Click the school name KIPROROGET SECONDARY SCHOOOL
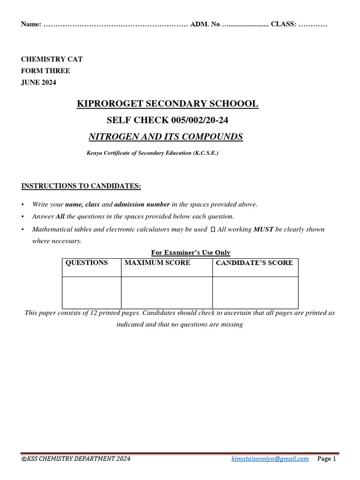pyautogui.click(x=167, y=104)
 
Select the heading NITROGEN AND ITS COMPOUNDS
pyautogui.click(x=166, y=137)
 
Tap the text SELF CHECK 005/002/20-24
pyautogui.click(x=167, y=120)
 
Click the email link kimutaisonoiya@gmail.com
pyautogui.click(x=270, y=459)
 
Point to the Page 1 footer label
pyautogui.click(x=327, y=459)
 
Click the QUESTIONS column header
pyautogui.click(x=87, y=263)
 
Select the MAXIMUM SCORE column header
pyautogui.click(x=157, y=263)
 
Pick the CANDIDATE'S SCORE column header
pyautogui.click(x=254, y=263)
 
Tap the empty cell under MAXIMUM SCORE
pyautogui.click(x=166, y=292)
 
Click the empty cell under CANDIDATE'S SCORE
pyautogui.click(x=255, y=292)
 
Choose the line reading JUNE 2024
pyautogui.click(x=38, y=82)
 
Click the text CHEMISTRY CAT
pyautogui.click(x=52, y=59)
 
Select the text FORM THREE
pyautogui.click(x=45, y=71)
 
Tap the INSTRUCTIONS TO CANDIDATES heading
pyautogui.click(x=81, y=186)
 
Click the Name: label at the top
pyautogui.click(x=31, y=24)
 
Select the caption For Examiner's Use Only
pyautogui.click(x=191, y=253)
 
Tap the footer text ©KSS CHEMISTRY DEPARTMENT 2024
pyautogui.click(x=76, y=459)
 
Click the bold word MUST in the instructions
pyautogui.click(x=262, y=229)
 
